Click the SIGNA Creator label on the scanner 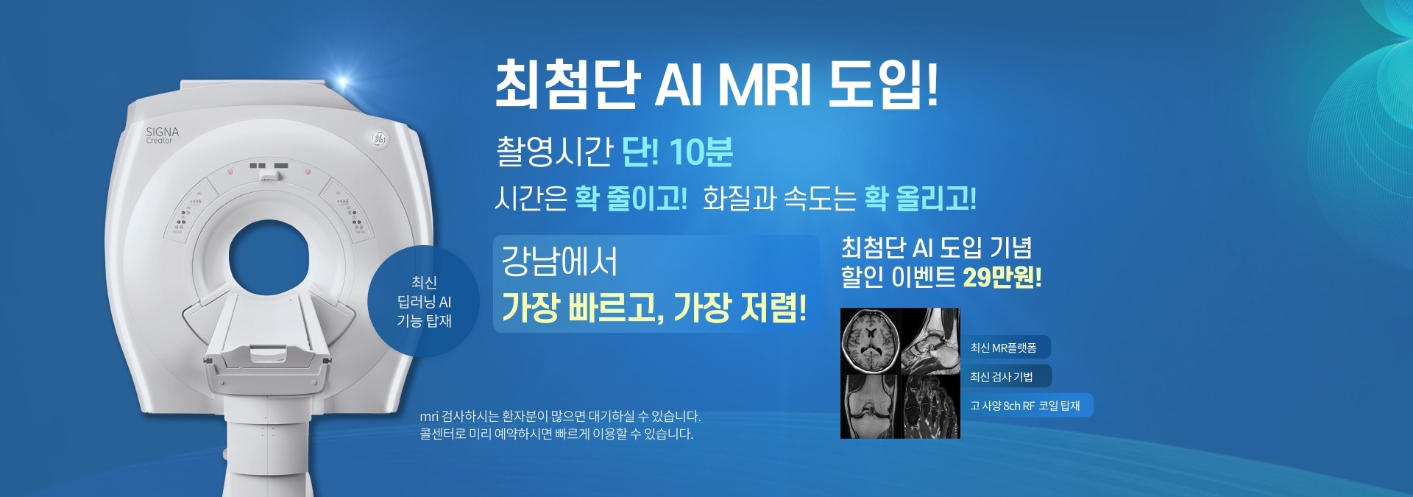click(x=162, y=135)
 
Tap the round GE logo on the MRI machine click(x=378, y=138)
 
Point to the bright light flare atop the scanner click(x=341, y=82)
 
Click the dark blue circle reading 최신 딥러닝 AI click(x=423, y=301)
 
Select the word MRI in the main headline click(x=765, y=85)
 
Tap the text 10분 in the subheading click(x=701, y=152)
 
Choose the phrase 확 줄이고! click(x=631, y=199)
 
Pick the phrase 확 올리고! click(x=920, y=199)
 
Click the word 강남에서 click(x=559, y=261)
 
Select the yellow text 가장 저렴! click(x=740, y=307)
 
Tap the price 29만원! click(x=1002, y=278)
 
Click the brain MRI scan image click(x=871, y=340)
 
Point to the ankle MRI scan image click(x=931, y=340)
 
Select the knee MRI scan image click(x=871, y=406)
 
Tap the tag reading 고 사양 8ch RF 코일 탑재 click(x=1026, y=405)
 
